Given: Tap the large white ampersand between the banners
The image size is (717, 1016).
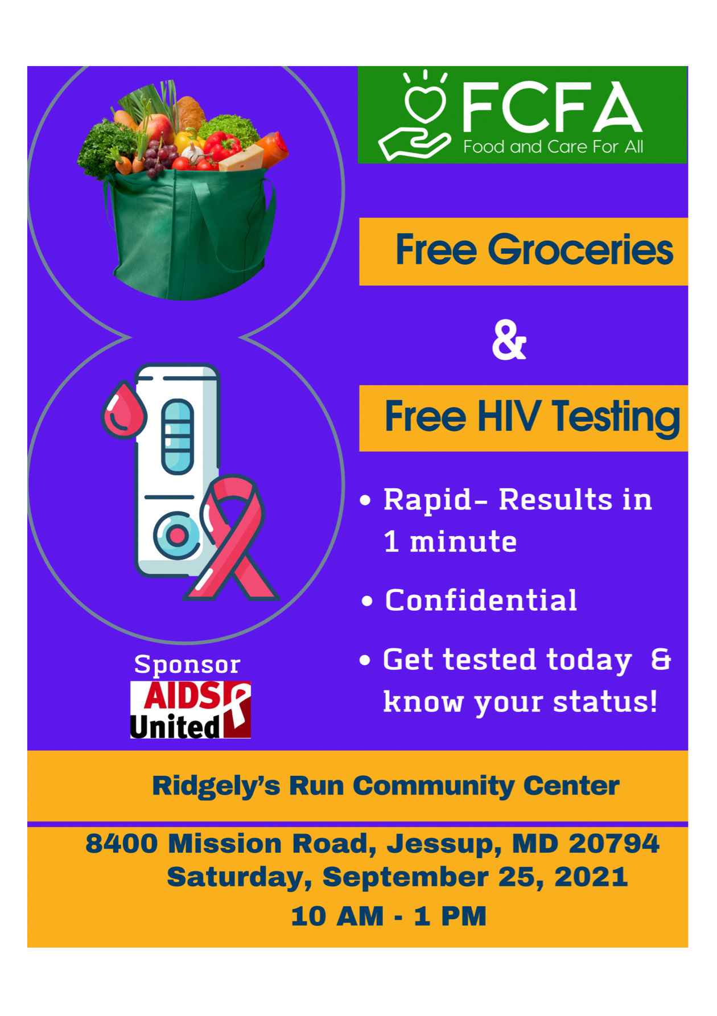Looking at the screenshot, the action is point(509,340).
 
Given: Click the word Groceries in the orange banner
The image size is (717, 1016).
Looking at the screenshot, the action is point(580,250).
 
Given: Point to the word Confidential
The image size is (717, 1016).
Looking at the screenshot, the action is point(481,600).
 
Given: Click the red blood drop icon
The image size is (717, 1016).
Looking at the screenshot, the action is point(123,410).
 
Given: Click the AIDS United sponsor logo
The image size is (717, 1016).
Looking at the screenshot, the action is point(191,710).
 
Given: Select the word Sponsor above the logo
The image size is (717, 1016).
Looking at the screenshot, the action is point(187,665).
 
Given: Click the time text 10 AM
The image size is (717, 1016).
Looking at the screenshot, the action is point(337,916).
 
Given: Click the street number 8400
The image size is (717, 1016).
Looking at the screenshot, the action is point(121,844).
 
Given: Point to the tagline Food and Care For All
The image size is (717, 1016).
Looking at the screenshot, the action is point(553,147).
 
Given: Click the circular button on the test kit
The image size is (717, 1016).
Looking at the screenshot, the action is point(177,535).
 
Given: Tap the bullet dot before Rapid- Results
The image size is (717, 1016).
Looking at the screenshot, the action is point(366,500).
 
